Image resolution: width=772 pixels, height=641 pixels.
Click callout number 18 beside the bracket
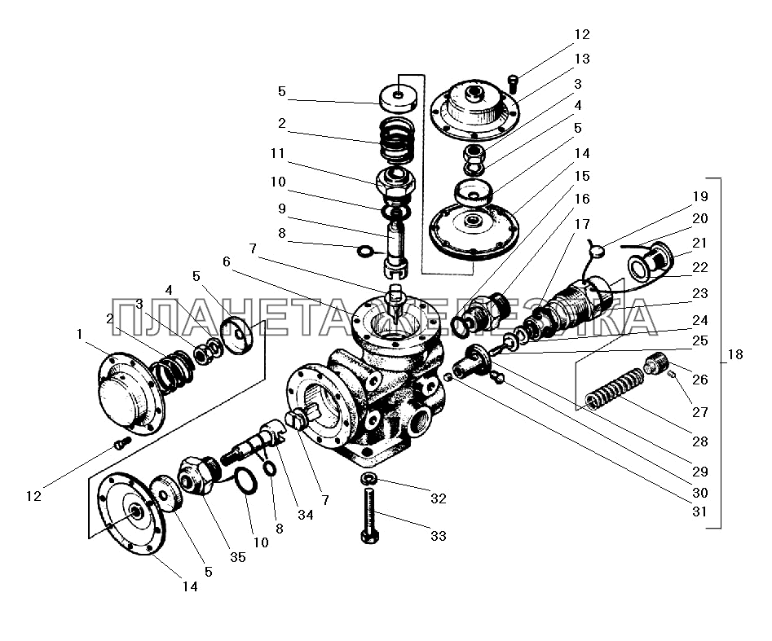coord(735,354)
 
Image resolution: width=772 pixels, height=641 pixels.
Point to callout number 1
coord(79,335)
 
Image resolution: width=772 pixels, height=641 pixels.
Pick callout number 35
coord(238,557)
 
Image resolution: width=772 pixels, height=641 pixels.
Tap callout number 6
coord(227,261)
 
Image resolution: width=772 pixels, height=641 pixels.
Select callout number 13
coord(582,59)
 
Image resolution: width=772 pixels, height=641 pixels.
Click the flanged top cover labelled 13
coord(475,109)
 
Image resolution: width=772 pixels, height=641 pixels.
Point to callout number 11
coord(278,153)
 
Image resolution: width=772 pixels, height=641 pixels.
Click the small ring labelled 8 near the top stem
coord(365,252)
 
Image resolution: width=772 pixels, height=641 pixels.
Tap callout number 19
coord(700,196)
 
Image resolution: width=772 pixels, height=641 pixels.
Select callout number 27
coord(700,412)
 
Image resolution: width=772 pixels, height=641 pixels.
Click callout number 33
coord(439,536)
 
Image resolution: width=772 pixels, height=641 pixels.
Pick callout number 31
coord(699,511)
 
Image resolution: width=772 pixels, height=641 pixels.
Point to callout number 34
coord(305,515)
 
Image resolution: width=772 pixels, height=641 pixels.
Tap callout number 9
coord(281,209)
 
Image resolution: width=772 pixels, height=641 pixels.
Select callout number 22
coord(700,267)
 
